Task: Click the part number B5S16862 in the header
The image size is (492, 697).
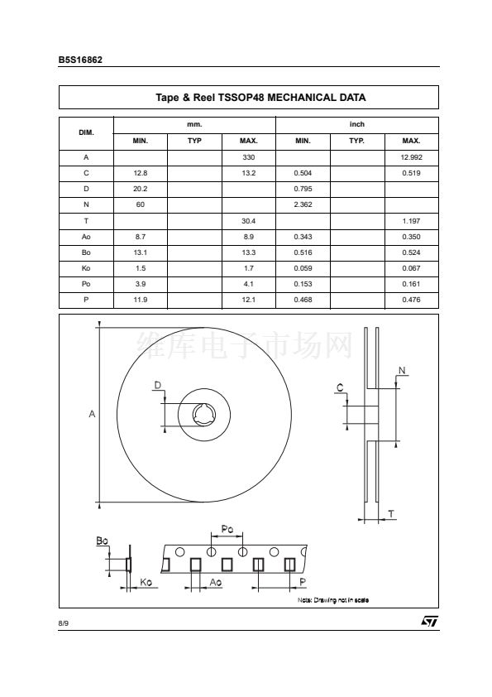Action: pyautogui.click(x=80, y=60)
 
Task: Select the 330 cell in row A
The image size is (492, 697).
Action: pyautogui.click(x=249, y=157)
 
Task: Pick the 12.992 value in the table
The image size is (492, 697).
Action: pyautogui.click(x=411, y=157)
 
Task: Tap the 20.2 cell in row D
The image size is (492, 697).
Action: pyautogui.click(x=141, y=189)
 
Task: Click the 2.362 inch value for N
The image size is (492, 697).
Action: pyautogui.click(x=303, y=204)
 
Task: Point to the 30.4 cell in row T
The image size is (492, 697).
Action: pyautogui.click(x=249, y=221)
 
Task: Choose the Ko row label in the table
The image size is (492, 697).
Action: pyautogui.click(x=86, y=268)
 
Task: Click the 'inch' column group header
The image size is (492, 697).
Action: pyautogui.click(x=357, y=124)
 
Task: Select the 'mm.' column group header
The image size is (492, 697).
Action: pyautogui.click(x=194, y=124)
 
